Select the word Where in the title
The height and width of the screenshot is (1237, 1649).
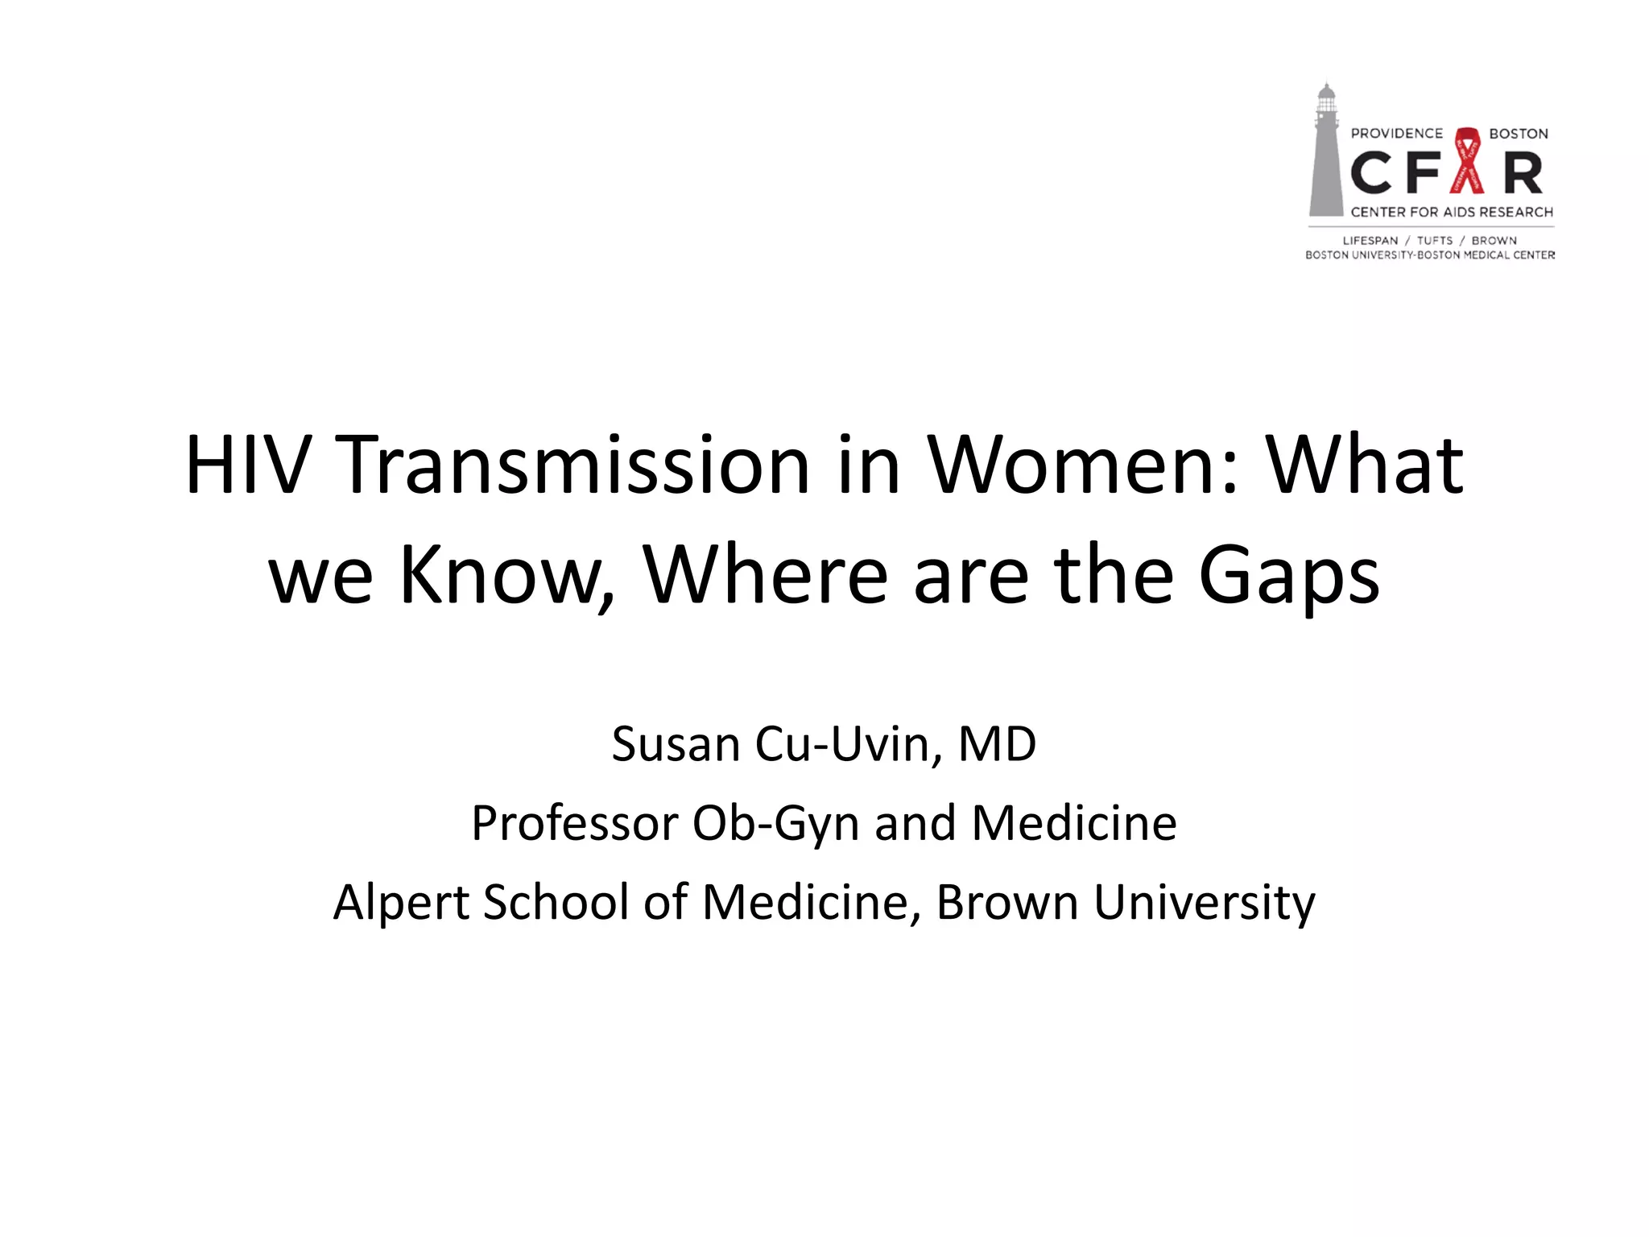click(765, 575)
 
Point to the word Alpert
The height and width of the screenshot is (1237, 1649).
click(400, 902)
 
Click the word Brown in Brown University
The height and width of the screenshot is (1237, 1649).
click(1007, 902)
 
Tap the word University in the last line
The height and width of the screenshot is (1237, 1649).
click(1205, 902)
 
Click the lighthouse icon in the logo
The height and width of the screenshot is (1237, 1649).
click(1325, 153)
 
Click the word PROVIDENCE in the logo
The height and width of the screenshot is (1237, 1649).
click(1397, 134)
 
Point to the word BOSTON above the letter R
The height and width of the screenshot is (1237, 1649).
click(1519, 134)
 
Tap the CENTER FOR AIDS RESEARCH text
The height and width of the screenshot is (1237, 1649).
click(1452, 212)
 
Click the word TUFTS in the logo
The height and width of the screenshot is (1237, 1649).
click(1435, 240)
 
